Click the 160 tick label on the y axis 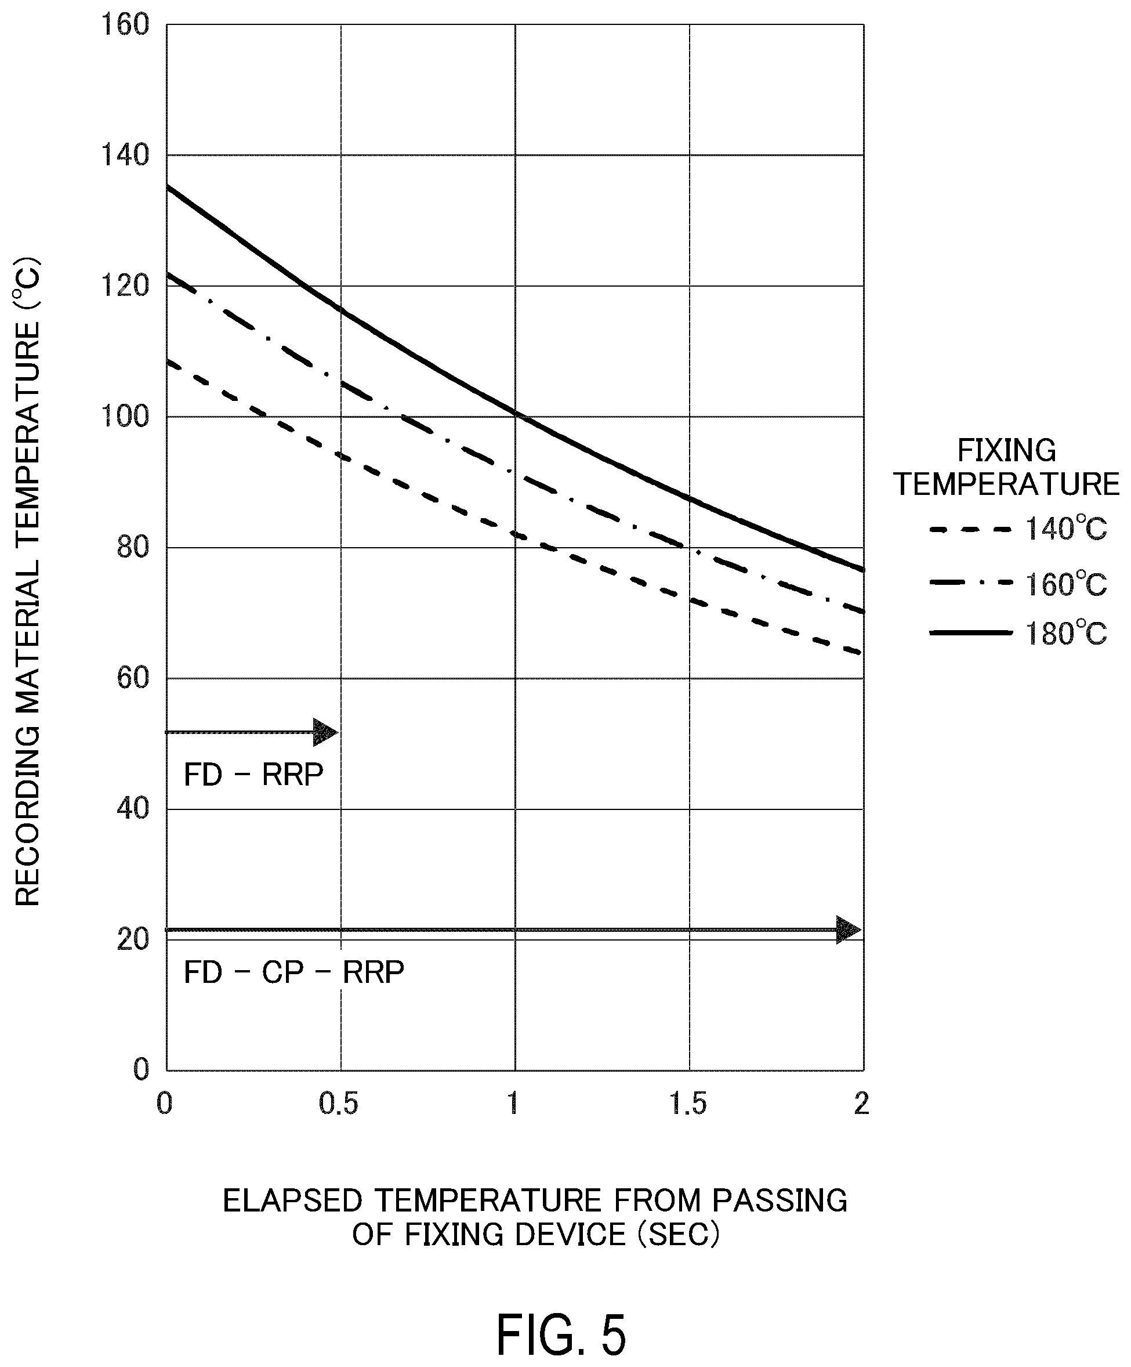tap(125, 26)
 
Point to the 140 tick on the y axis tap(125, 155)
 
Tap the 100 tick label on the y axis tap(125, 417)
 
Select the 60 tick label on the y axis tap(133, 678)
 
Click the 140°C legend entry tap(1018, 529)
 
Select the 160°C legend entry tap(1018, 584)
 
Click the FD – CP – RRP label tap(294, 972)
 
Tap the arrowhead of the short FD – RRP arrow tap(325, 732)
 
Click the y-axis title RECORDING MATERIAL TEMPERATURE tap(27, 582)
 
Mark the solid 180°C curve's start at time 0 tap(167, 187)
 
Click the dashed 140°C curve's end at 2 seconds tap(863, 653)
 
